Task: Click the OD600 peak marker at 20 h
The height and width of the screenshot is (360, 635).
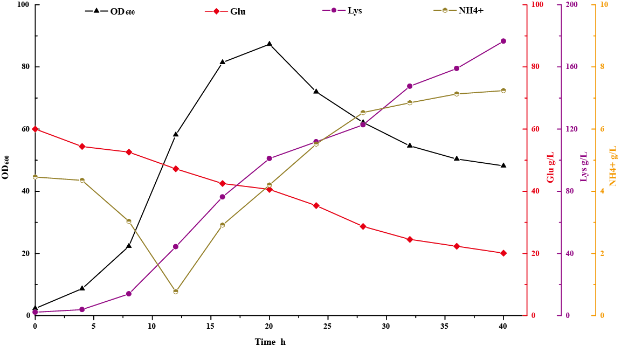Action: pos(269,44)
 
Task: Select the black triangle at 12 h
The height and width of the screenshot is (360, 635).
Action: pos(176,134)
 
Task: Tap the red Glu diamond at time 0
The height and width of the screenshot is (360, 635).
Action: pos(35,129)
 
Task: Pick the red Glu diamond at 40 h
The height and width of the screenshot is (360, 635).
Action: pos(503,253)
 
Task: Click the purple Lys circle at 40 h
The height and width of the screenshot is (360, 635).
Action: pos(503,41)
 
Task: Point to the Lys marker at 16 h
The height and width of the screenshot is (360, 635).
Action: pos(222,197)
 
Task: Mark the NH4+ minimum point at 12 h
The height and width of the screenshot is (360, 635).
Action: pos(176,292)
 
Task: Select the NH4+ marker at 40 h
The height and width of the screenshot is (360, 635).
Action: pos(503,91)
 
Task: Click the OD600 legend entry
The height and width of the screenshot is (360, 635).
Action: pos(110,11)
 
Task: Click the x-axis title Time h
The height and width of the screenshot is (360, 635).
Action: pos(270,342)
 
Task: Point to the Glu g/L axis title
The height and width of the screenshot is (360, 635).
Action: pos(551,167)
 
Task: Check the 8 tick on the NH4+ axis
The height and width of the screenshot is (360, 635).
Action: pos(603,67)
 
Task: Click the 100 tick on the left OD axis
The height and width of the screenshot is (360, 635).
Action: pos(23,5)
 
